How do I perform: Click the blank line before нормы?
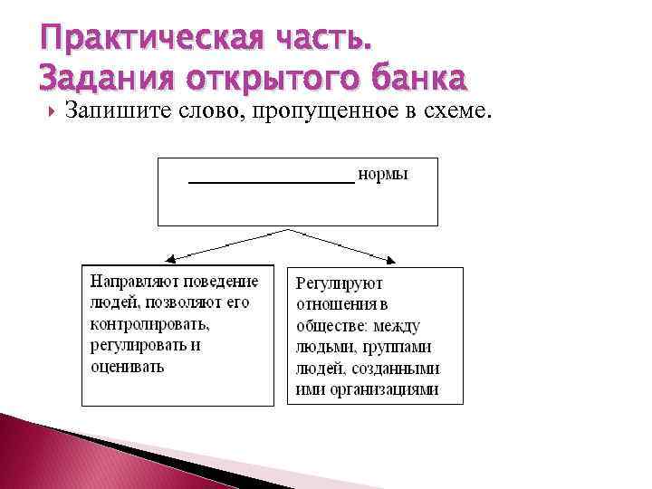click(271, 181)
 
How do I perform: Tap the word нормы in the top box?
click(383, 174)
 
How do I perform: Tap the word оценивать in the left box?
click(127, 367)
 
